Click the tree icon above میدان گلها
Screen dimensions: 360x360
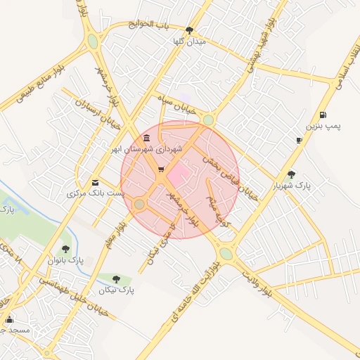190,30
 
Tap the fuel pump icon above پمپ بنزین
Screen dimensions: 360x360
322,115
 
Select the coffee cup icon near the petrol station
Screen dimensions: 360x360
299,141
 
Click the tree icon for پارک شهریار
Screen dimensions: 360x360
292,174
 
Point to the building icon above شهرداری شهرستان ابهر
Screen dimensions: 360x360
146,138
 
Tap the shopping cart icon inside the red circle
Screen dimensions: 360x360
161,169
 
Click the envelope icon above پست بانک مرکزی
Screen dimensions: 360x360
96,182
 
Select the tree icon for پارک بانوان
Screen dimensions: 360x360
65,249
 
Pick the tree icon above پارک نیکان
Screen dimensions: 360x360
116,278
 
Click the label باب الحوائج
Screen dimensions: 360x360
150,25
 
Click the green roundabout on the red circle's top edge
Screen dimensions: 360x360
208,120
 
